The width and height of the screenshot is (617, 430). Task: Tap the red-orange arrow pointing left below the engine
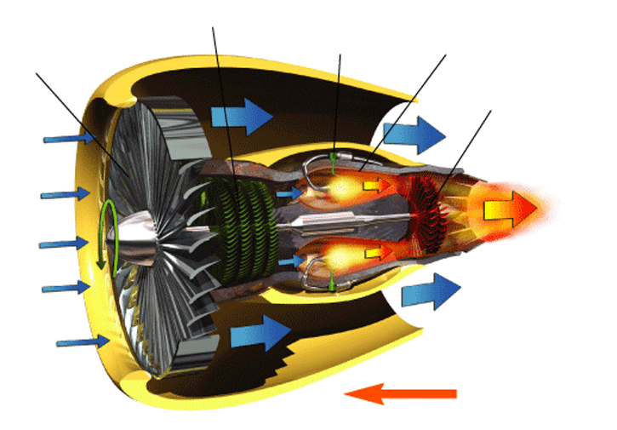coord(400,393)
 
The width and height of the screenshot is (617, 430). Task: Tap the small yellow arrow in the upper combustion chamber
coord(374,183)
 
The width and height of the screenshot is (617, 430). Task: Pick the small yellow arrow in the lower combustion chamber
coord(375,254)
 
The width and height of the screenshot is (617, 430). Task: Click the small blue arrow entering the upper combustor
coord(290,194)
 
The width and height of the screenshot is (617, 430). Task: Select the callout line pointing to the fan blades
coord(81,119)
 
